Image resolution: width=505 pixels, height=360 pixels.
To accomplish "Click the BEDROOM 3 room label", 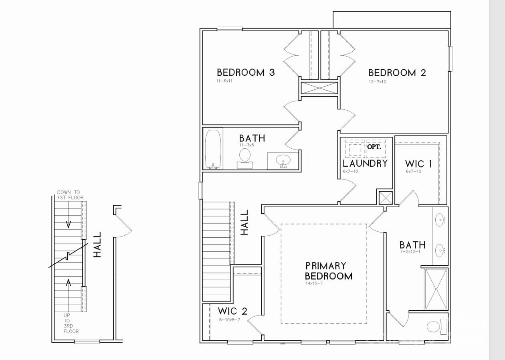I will tap(246, 73).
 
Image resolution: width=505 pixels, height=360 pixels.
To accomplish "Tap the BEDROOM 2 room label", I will tap(397, 73).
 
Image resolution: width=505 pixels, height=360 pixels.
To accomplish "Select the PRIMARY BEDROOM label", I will tap(329, 271).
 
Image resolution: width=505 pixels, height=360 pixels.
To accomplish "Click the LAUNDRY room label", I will tap(365, 164).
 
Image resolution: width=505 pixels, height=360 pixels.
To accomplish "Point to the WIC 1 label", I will tap(418, 164).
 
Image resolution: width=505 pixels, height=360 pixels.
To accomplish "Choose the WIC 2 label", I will tap(232, 311).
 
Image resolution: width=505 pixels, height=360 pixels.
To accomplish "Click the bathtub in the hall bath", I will tap(213, 149).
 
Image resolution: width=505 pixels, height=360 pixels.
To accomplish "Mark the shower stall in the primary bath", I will tap(436, 289).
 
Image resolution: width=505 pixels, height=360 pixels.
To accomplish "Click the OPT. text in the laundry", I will tap(374, 147).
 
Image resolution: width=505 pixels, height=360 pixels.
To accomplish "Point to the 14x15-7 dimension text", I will tap(314, 283).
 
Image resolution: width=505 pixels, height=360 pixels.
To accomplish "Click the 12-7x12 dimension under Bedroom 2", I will tap(377, 82).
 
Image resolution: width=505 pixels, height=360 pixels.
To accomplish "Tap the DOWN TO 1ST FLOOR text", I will tap(70, 195).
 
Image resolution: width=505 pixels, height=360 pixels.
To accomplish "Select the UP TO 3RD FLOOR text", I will tap(71, 323).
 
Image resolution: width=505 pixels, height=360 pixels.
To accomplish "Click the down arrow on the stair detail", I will tap(69, 224).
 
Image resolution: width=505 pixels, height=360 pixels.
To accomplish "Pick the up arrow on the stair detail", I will tap(69, 283).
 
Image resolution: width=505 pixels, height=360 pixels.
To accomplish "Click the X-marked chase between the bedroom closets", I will tap(319, 88).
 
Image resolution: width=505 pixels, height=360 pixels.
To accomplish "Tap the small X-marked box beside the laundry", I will tap(385, 198).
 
